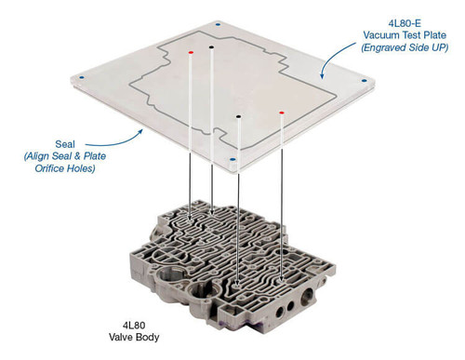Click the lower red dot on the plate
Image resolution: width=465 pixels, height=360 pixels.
coord(282,113)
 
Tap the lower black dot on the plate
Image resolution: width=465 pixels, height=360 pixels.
coord(239,117)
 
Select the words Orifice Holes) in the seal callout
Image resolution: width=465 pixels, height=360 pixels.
coord(61,170)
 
